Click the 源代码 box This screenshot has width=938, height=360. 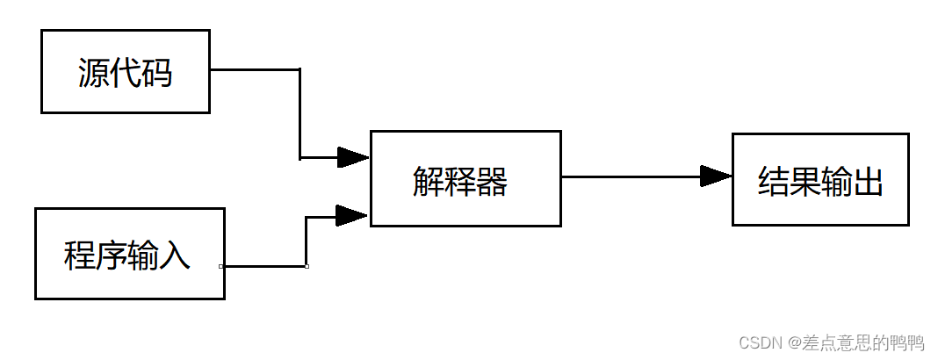click(x=126, y=71)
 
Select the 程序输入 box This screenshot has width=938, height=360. click(x=129, y=254)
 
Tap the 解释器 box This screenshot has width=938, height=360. click(x=465, y=178)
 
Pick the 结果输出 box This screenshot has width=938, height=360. click(x=820, y=179)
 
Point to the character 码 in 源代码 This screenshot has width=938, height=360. click(x=157, y=74)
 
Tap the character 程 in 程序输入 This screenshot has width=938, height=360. click(x=80, y=256)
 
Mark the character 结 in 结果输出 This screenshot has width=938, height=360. click(x=774, y=182)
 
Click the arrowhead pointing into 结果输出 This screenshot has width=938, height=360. click(x=716, y=176)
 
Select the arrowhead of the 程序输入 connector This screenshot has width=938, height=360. click(x=351, y=215)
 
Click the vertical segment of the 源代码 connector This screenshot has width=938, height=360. click(x=300, y=114)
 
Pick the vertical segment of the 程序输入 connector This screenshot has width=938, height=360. click(x=307, y=241)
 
